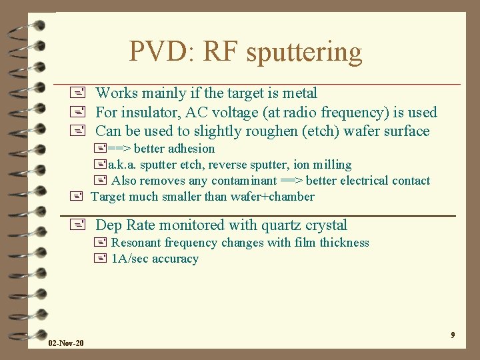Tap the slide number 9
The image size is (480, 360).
pyautogui.click(x=453, y=335)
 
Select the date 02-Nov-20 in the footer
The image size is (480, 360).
pyautogui.click(x=66, y=343)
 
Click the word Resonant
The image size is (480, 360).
pyautogui.click(x=135, y=243)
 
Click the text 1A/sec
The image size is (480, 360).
pyautogui.click(x=129, y=259)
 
